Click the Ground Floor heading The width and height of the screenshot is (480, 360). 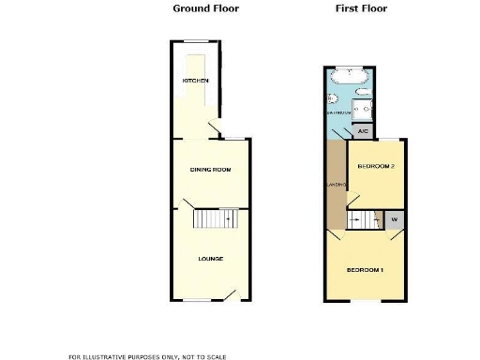pos(206,8)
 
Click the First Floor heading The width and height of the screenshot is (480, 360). pos(361,8)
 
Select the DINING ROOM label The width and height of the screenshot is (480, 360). pos(210,169)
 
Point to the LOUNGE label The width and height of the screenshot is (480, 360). pos(210,258)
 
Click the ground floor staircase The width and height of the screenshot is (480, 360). pos(215,217)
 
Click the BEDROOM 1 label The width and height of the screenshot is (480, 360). pos(365,271)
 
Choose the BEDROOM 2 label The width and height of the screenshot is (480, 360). pos(375,166)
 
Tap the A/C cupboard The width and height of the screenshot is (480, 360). pos(363,132)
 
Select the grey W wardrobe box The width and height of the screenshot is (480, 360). pos(393,220)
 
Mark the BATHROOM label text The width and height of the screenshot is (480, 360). pos(338,112)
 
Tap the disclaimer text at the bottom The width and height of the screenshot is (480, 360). pos(147,356)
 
